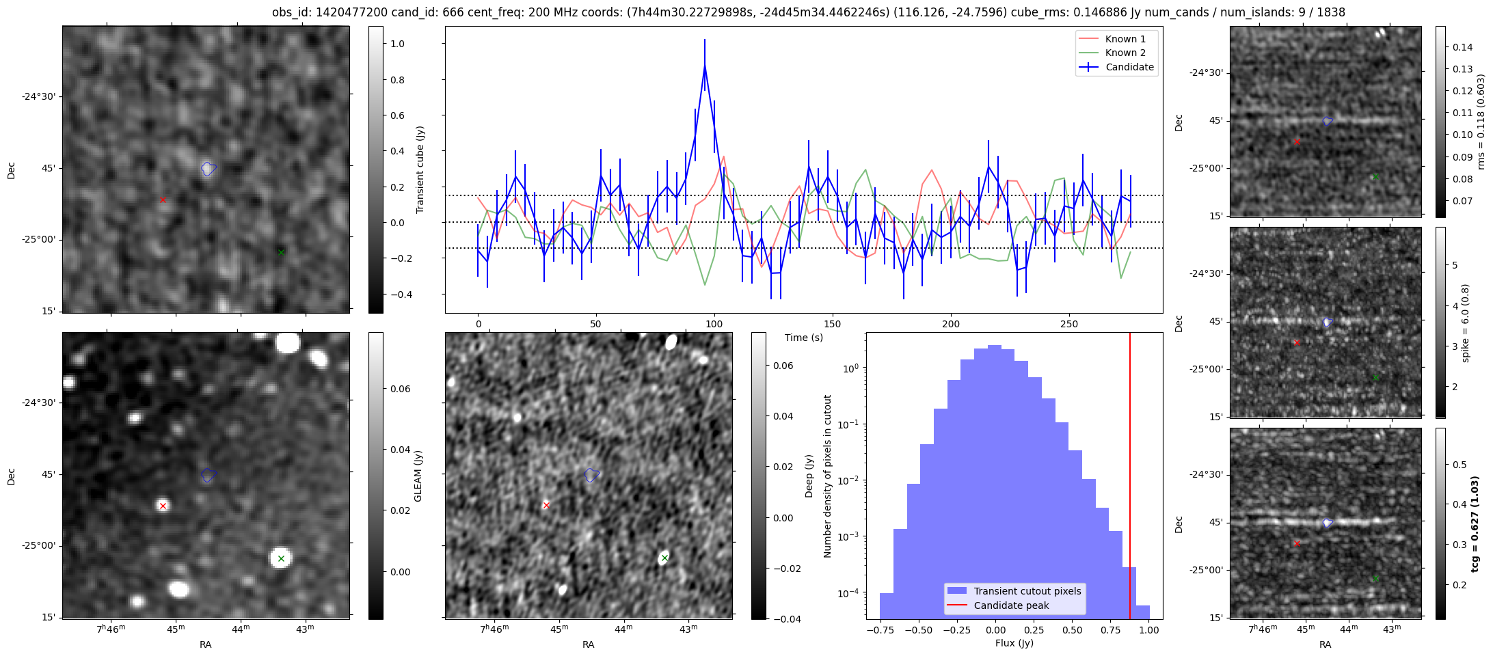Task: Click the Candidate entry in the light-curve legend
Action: pos(1129,67)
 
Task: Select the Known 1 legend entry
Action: pos(1125,39)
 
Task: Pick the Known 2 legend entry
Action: pos(1125,53)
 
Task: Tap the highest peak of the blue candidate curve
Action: pos(704,66)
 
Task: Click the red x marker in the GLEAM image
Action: pos(163,506)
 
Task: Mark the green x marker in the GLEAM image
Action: pos(281,558)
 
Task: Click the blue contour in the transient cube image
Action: pos(209,168)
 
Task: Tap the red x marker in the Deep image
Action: pos(546,506)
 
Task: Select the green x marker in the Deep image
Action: pos(664,558)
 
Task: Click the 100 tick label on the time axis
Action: pos(714,324)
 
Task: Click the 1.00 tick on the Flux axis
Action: pos(1149,630)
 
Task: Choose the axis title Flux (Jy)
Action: pos(1014,643)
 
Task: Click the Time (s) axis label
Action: pos(803,338)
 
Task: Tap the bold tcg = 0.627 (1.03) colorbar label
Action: pos(1475,524)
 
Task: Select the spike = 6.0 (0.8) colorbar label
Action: pos(1464,323)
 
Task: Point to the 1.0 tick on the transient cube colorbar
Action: pos(397,44)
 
